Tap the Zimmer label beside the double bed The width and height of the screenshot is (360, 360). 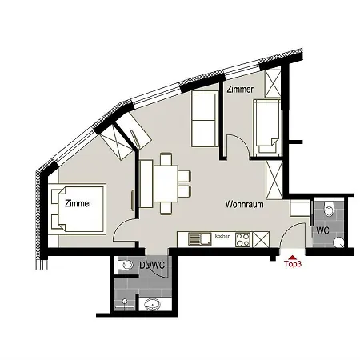(x=77, y=203)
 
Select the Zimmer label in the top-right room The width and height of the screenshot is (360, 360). (x=241, y=90)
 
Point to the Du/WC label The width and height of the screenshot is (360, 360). (x=151, y=264)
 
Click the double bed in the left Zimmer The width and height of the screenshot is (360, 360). (x=77, y=208)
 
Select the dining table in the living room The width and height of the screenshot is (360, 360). (x=166, y=183)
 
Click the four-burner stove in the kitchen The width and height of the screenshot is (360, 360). (x=242, y=238)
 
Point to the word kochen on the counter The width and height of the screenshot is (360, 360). (x=222, y=237)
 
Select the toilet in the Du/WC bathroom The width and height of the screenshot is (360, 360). (x=126, y=264)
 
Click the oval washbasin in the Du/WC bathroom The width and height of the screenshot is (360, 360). (x=153, y=303)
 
